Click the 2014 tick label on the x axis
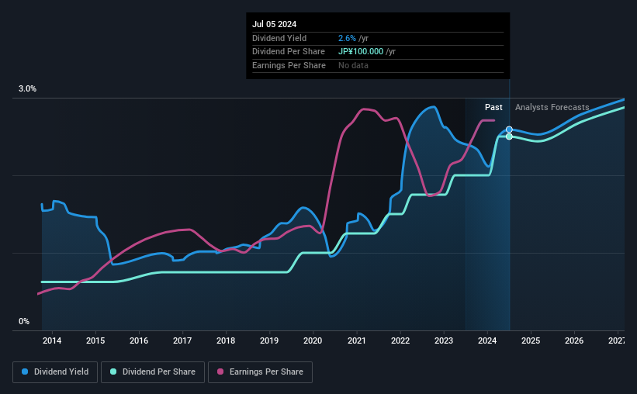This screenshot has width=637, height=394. [x=52, y=340]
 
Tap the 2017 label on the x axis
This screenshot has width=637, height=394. [x=182, y=340]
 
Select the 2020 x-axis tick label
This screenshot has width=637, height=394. [x=313, y=340]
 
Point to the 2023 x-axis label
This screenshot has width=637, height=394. [x=444, y=340]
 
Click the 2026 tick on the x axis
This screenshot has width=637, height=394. [x=574, y=340]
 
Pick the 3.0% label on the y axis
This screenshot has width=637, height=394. [x=27, y=89]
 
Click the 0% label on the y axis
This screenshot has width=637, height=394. [x=24, y=321]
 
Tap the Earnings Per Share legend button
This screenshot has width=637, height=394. [x=260, y=372]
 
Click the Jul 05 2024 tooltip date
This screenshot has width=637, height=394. [x=275, y=24]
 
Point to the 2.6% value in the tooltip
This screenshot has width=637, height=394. [x=347, y=38]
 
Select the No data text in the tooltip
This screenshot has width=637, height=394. [x=354, y=65]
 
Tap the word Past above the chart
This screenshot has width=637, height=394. [x=493, y=107]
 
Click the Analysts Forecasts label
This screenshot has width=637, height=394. [x=552, y=107]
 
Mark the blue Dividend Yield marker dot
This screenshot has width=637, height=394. [x=509, y=130]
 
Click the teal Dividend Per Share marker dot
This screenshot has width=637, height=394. [x=509, y=137]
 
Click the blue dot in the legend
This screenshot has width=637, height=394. [x=25, y=372]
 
